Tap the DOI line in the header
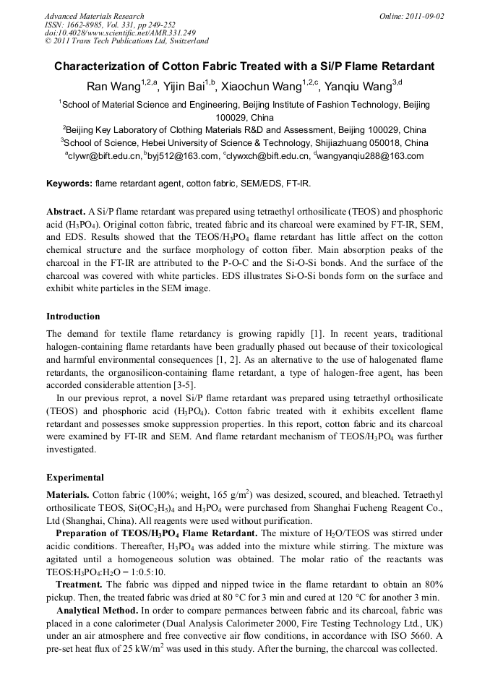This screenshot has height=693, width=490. pos(119,33)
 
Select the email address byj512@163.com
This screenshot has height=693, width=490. pos(184,156)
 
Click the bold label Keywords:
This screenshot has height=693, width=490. pos(69,184)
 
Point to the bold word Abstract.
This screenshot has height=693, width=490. pos(66,211)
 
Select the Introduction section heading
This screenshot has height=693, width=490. pos(73,317)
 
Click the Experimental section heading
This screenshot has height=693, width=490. pos(75,478)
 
